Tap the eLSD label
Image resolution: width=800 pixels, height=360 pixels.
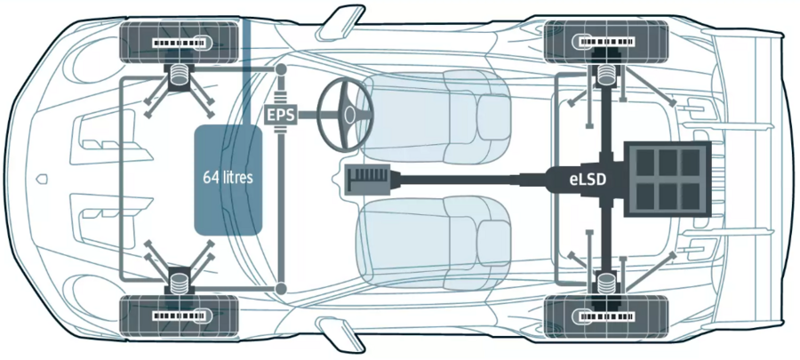point(587,179)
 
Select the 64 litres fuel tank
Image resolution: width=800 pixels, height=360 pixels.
point(228,178)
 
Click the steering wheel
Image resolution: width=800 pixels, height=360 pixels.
point(346,114)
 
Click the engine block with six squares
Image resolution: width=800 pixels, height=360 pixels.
point(666,179)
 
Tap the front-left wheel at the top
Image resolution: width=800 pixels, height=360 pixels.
point(180,42)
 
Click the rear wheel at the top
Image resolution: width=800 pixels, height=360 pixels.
point(606,42)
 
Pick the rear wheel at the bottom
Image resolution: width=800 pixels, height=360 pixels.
point(606,314)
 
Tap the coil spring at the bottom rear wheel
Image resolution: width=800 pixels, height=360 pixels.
point(608,283)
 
